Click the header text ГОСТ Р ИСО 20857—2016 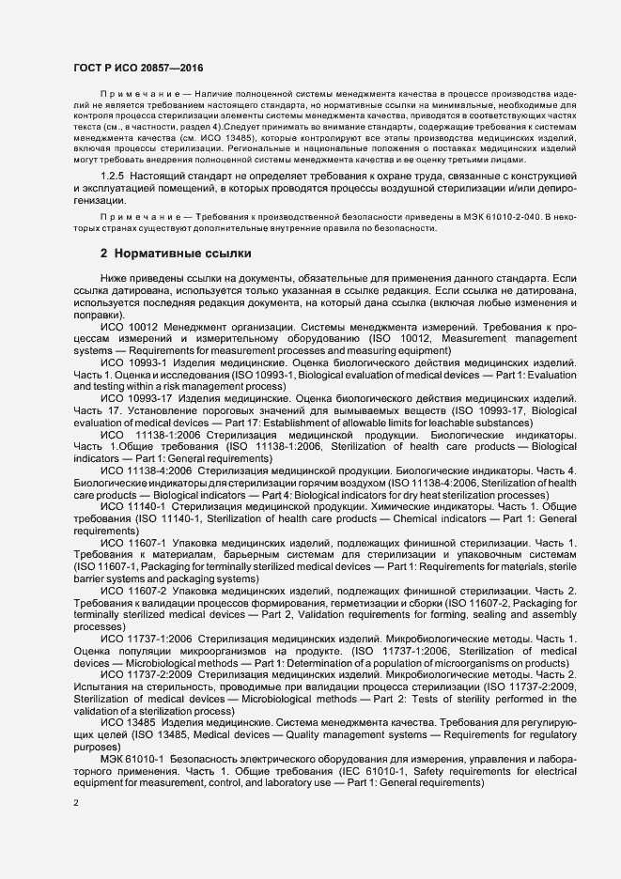click(138, 68)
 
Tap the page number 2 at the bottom click(77, 804)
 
